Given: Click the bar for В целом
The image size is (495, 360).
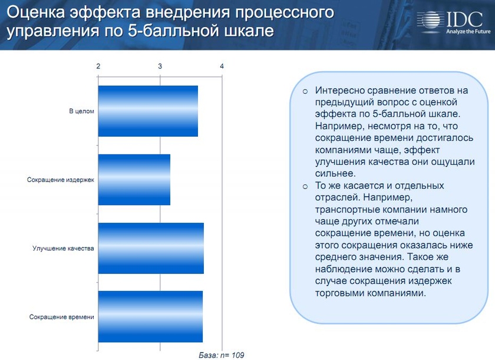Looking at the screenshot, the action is click(x=148, y=111).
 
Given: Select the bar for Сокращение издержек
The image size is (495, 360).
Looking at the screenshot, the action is click(x=134, y=180).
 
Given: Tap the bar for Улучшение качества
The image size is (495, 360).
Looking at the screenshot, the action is click(x=151, y=248).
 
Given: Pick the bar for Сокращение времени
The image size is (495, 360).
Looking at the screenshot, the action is click(x=150, y=316).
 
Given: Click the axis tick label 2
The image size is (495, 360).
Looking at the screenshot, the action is click(x=98, y=66).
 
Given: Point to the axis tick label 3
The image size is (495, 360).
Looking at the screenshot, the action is click(x=160, y=66).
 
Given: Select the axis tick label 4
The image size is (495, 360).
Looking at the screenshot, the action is click(x=222, y=66).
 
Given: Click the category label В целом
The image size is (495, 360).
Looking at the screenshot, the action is click(x=81, y=111).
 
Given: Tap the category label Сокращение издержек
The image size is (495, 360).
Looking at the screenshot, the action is click(x=61, y=180).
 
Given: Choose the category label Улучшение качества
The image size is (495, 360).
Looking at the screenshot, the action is click(x=63, y=248).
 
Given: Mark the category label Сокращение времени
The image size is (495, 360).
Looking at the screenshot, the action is click(x=61, y=317).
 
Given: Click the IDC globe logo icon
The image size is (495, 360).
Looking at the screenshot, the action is click(x=430, y=21).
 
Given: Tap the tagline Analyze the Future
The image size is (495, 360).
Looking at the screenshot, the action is click(x=468, y=31).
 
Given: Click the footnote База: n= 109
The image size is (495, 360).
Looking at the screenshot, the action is click(x=222, y=355).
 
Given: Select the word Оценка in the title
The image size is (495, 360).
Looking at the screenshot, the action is click(x=36, y=12).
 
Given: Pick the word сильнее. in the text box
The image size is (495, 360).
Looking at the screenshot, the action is click(x=335, y=173).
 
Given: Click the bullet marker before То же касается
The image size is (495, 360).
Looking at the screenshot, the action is click(x=305, y=186).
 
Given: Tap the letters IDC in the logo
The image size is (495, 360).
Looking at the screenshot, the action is click(x=465, y=19).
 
